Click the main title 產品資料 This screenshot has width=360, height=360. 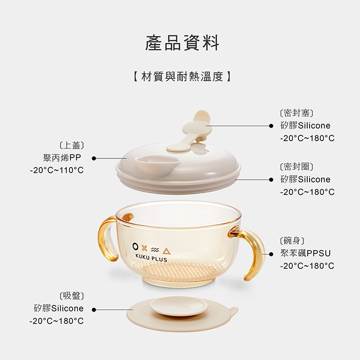182,43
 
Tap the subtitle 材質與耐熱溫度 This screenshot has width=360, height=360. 182,76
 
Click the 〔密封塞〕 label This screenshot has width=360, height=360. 297,113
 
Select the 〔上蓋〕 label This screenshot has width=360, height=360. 72,145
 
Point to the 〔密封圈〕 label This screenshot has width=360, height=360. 297,167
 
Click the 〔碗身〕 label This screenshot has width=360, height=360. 292,240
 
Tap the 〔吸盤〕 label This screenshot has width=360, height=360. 72,296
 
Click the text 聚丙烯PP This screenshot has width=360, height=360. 62,158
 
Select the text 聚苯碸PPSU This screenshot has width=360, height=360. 305,253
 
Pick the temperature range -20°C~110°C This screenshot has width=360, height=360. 57,170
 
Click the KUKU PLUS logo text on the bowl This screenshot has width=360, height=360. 151,258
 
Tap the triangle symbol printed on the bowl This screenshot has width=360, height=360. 167,251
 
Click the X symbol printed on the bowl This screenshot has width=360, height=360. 144,248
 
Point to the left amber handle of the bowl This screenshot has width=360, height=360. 105,239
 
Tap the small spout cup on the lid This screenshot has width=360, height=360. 157,166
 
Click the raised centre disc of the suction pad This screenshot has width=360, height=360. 179,306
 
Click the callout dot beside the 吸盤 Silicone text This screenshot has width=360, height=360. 94,310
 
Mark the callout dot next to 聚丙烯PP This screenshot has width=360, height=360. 94,158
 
